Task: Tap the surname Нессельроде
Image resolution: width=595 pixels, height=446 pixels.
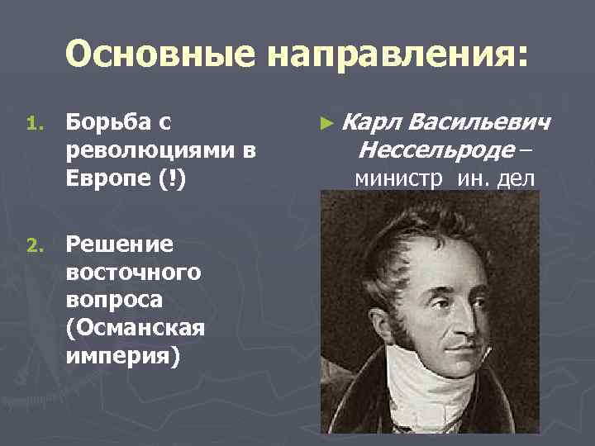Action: point(424,150)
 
